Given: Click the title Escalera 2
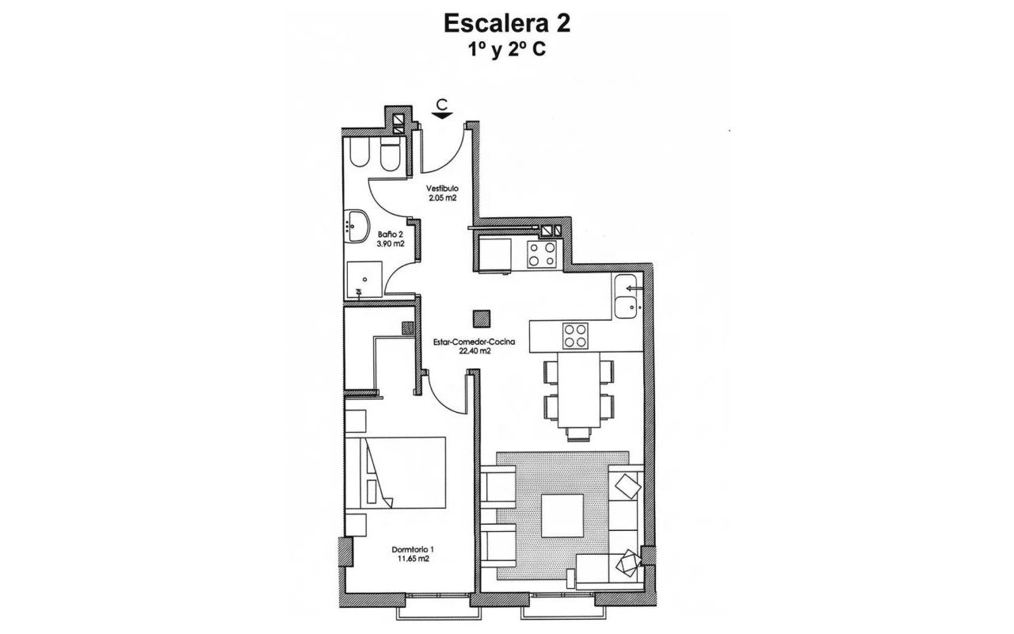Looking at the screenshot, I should (x=507, y=23).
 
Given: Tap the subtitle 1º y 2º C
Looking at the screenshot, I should (x=507, y=49).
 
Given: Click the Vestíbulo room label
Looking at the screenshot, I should (x=442, y=188).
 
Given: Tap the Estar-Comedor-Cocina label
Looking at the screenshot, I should (x=475, y=342).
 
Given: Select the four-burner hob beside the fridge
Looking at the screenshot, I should (x=543, y=254).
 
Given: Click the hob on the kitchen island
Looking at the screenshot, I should (x=575, y=335).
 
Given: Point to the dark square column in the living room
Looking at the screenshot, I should (x=479, y=318).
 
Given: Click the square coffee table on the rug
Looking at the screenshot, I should (x=562, y=514).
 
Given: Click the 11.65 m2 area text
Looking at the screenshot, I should (x=413, y=560).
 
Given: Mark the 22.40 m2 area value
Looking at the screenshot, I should (x=475, y=352).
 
